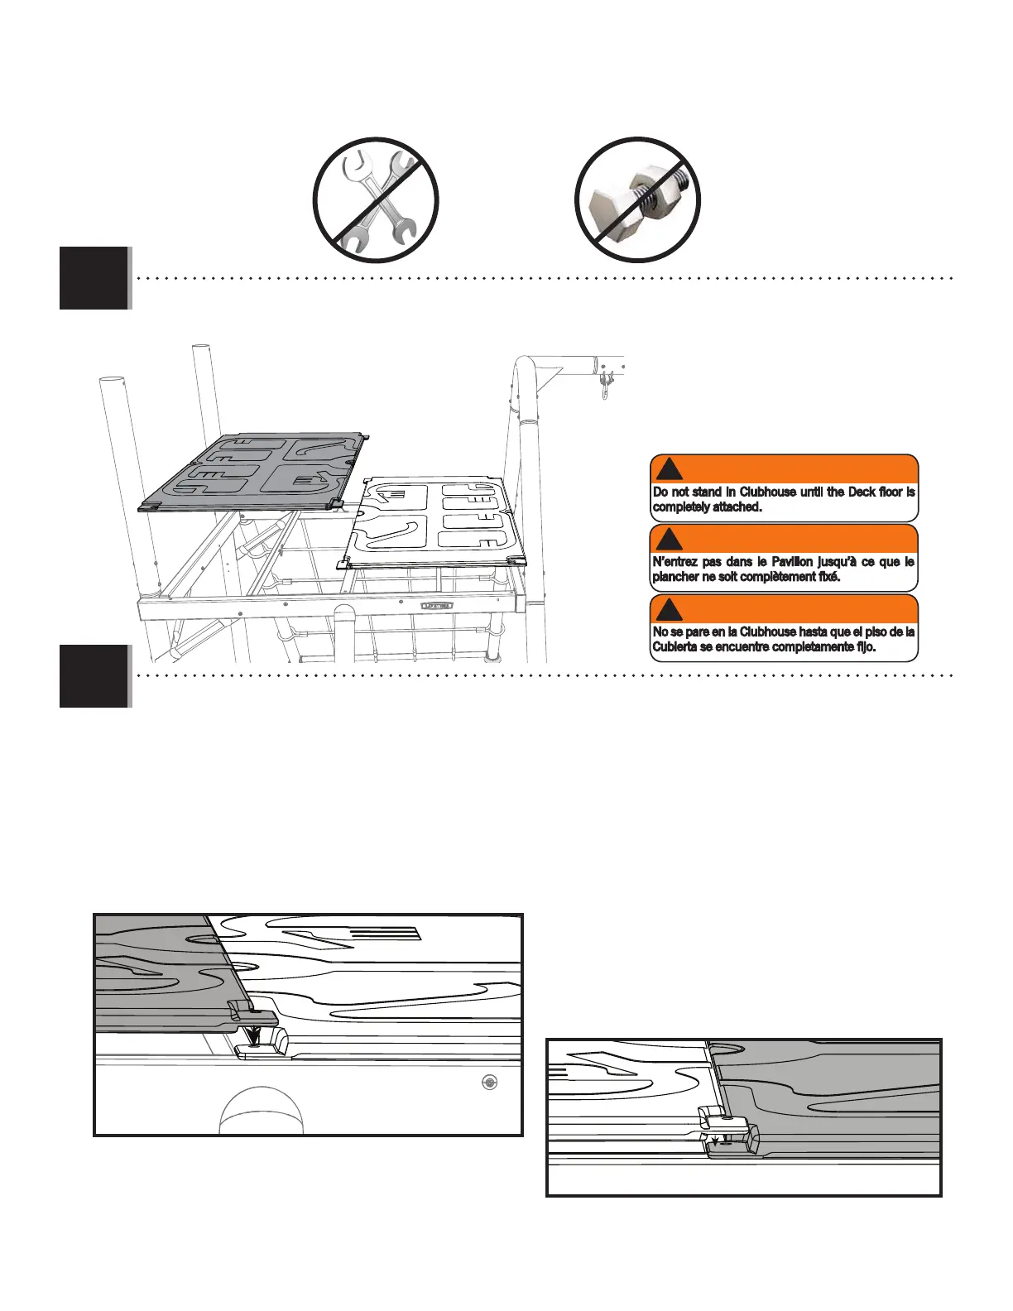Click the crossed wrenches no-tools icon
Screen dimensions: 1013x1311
376,200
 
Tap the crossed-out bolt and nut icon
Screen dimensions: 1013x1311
637,200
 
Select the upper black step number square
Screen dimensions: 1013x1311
94,277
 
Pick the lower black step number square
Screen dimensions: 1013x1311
94,676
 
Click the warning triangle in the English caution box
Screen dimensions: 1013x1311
669,469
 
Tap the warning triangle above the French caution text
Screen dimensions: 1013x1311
669,540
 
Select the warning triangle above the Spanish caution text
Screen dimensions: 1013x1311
669,610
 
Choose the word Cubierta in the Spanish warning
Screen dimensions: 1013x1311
675,647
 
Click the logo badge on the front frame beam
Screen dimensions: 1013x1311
437,606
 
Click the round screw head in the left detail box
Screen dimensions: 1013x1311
490,1083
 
